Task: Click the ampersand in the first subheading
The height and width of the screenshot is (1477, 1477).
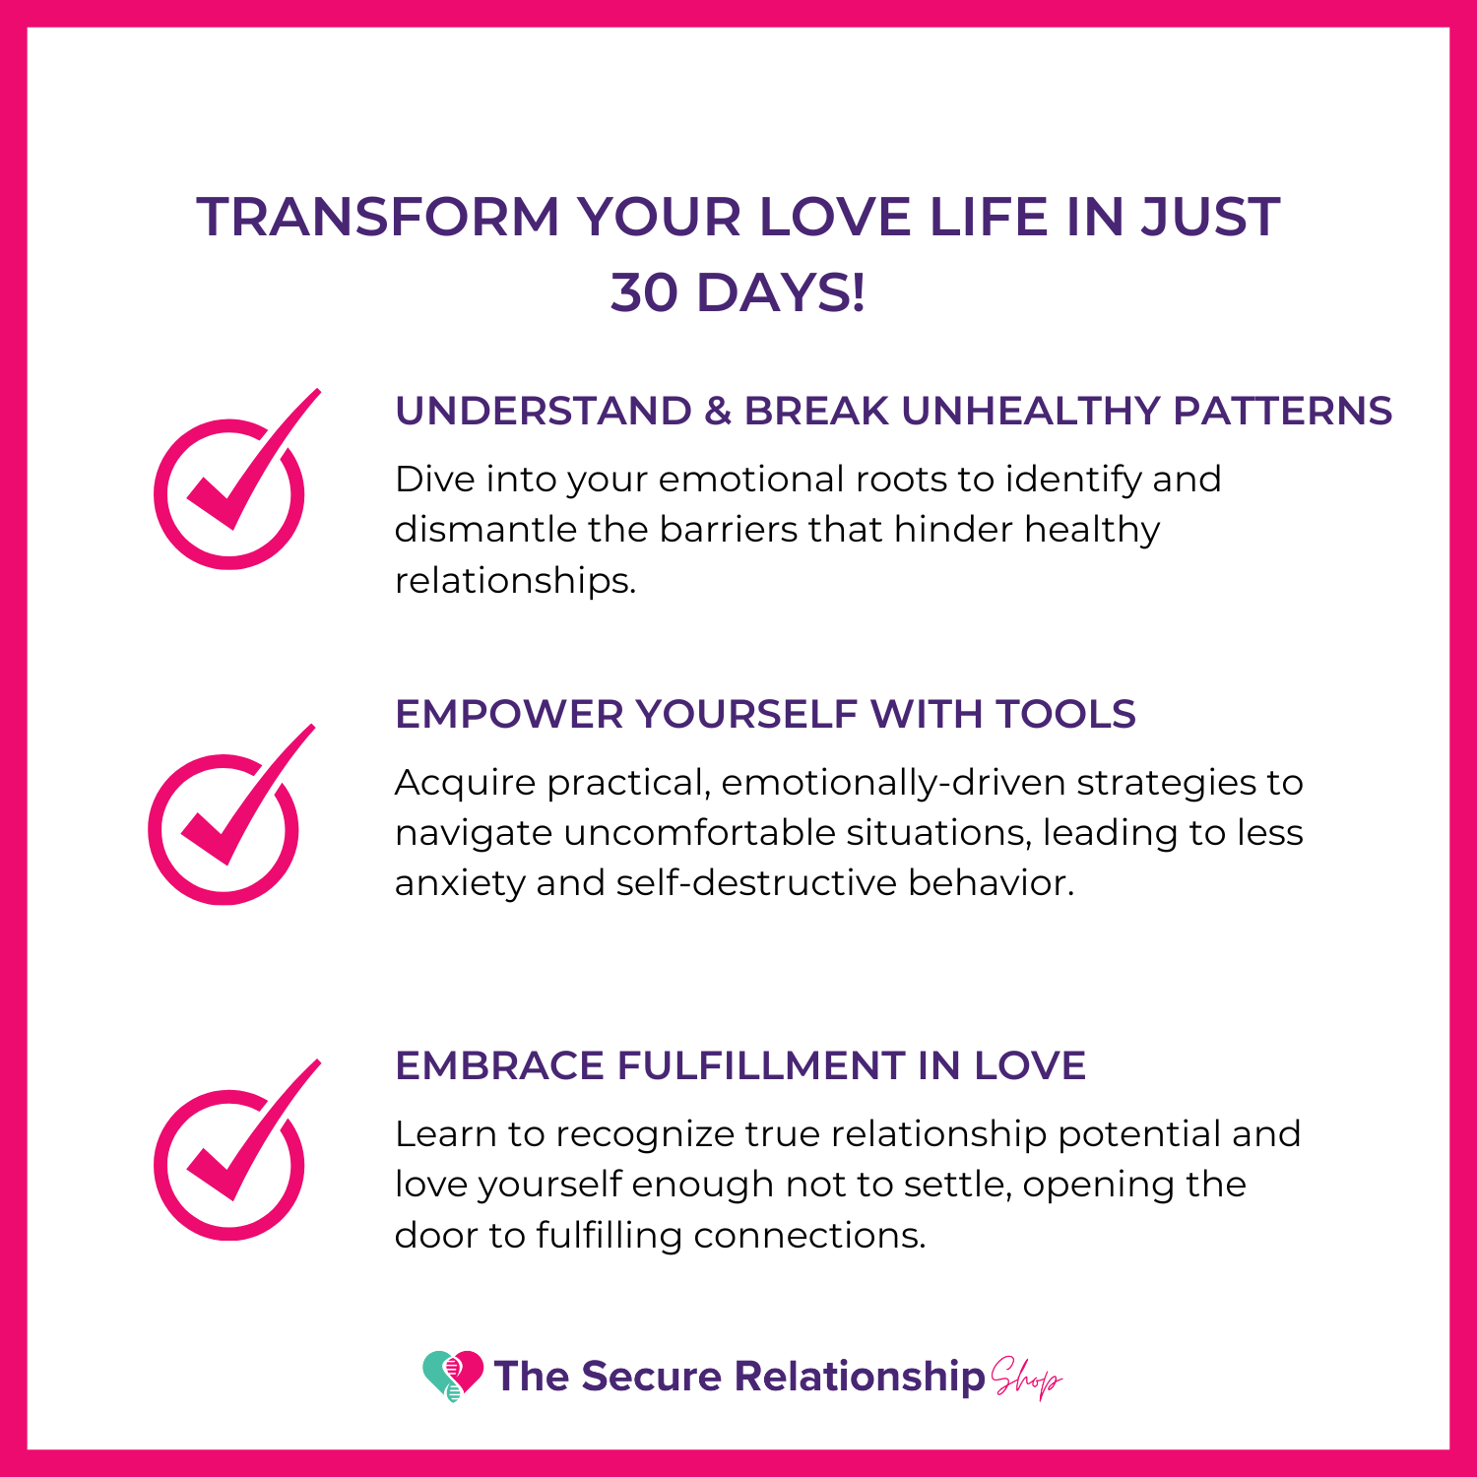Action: coord(718,412)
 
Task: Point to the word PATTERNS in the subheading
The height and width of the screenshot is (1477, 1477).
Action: coord(1282,412)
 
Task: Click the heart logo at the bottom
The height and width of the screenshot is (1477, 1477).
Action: coord(453,1375)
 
